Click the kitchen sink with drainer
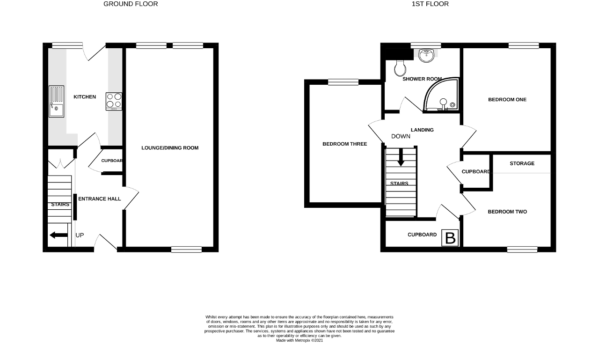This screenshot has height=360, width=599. coord(57,102)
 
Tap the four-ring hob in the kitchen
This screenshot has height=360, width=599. coord(114,102)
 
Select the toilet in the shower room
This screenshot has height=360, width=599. coord(400,68)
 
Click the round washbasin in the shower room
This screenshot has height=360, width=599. coord(426,55)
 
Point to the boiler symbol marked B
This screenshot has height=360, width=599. coord(450,238)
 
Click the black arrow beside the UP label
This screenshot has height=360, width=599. coord(58,235)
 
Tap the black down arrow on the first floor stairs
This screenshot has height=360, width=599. coord(401,158)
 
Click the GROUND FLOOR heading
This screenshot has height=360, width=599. coord(131,4)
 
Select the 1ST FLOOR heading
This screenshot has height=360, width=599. coord(430,4)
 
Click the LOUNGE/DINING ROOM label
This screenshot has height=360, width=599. coord(170,148)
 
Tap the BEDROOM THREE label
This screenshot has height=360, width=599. coord(345,144)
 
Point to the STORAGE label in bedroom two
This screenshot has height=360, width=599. coord(522,163)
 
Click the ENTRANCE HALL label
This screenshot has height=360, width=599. coord(100,198)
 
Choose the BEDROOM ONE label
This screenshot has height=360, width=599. coord(507,100)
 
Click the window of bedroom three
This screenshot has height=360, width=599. coord(343,82)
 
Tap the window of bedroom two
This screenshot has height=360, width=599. coord(522,250)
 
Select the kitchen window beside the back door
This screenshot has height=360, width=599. coord(67,45)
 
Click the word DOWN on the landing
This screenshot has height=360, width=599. coord(401,136)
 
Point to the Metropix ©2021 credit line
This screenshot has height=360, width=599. coord(299,340)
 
